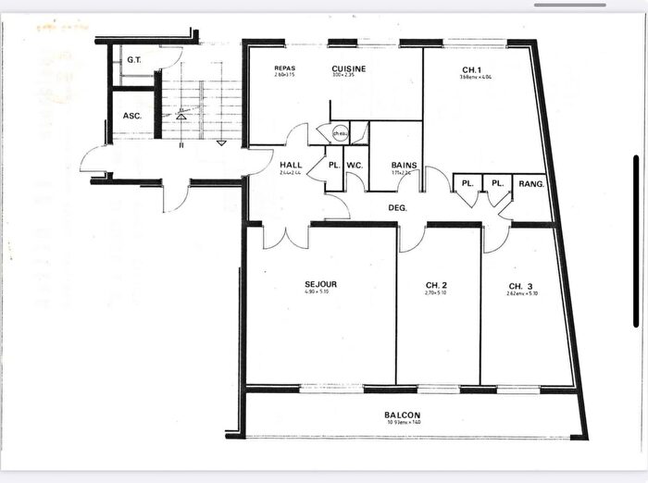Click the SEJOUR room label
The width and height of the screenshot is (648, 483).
point(320,283)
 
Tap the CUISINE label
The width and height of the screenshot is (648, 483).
point(349,68)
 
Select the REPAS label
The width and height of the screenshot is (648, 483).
point(284,68)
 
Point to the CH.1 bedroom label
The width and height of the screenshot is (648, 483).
point(472,68)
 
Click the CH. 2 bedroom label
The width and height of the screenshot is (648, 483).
point(437,284)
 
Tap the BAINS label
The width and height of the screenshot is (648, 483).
point(404,166)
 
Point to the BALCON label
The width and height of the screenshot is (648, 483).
point(404,415)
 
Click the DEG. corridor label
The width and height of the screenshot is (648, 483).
point(398,207)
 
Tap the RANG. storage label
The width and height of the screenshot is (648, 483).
point(532,183)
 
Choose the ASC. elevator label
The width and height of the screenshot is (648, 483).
point(131,117)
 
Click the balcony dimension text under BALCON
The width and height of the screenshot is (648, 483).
point(404,423)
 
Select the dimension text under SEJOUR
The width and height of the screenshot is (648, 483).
point(319,292)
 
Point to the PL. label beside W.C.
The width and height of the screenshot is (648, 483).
point(332,166)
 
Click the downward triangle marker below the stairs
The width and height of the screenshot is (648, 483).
point(221,143)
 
